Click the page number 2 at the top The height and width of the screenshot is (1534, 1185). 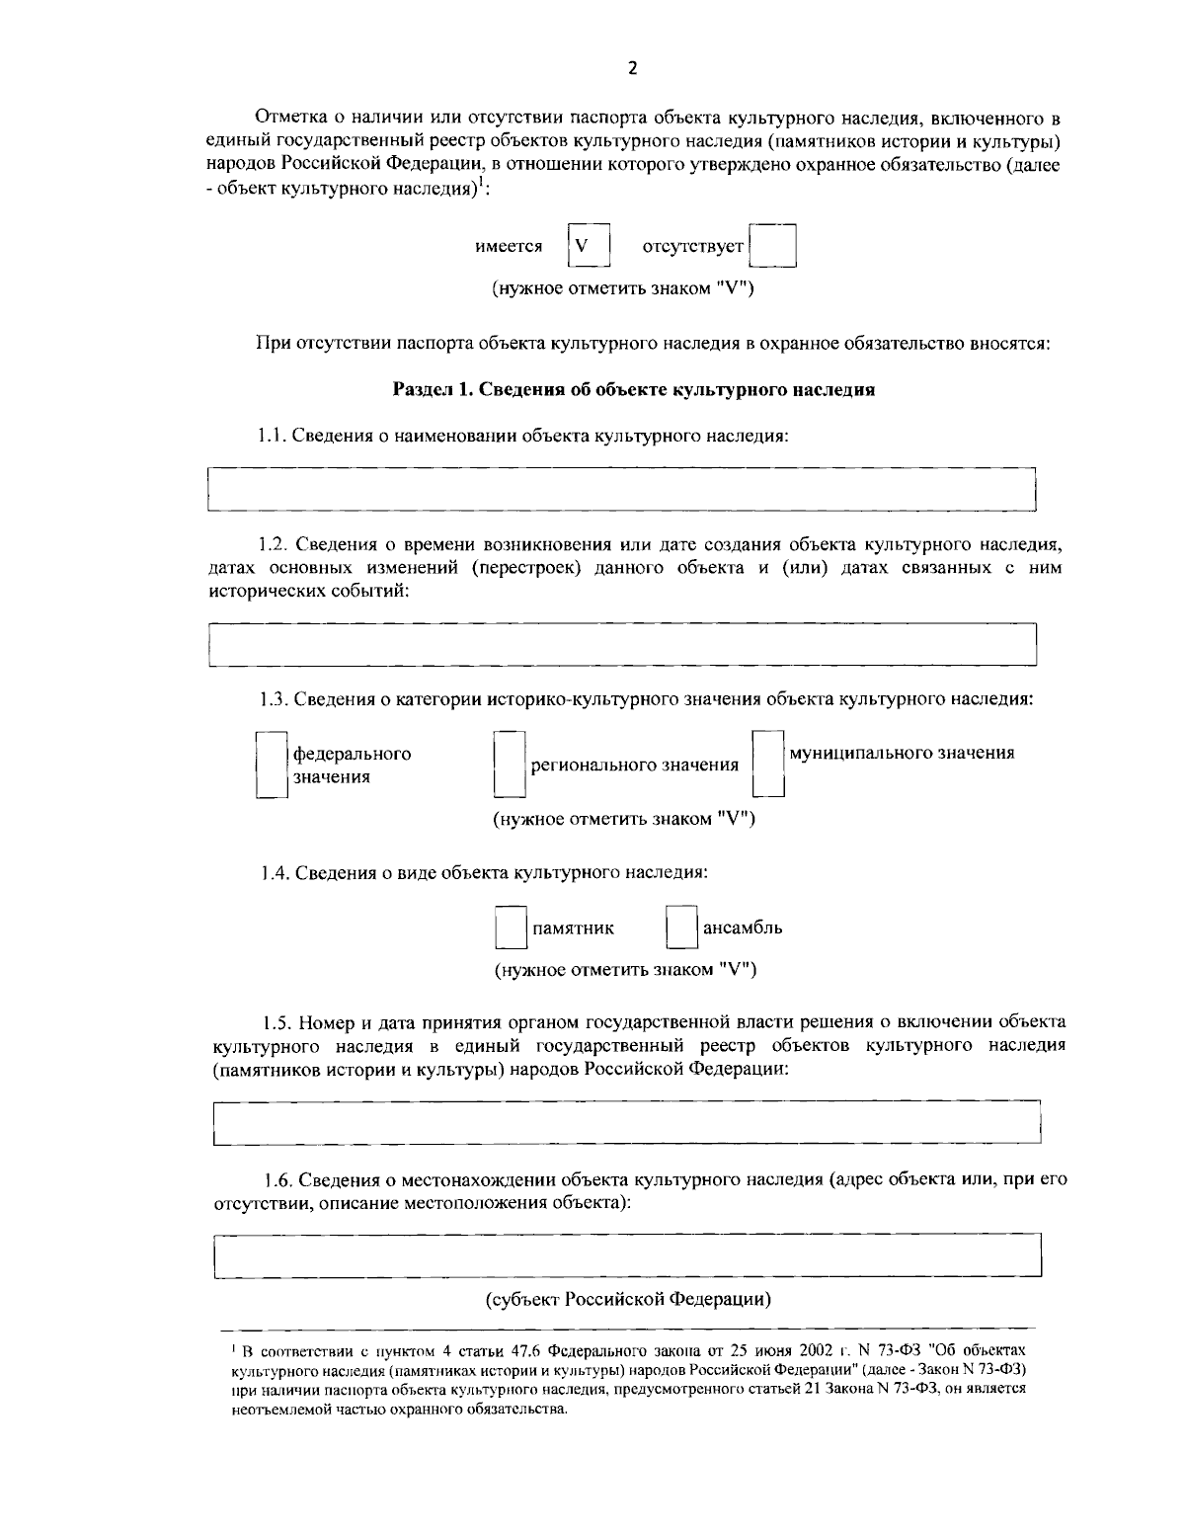click(632, 67)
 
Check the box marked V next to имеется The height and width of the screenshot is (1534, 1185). click(588, 246)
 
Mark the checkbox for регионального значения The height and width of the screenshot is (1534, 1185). click(509, 765)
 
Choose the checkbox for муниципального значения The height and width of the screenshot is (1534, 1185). click(767, 764)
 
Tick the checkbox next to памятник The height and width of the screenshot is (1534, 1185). click(510, 928)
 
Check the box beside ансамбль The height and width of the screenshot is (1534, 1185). click(681, 928)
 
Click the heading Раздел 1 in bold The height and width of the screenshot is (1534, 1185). click(634, 389)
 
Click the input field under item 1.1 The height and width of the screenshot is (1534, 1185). click(621, 489)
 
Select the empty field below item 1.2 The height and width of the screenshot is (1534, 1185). click(622, 644)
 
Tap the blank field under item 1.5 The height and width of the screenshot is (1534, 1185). click(627, 1122)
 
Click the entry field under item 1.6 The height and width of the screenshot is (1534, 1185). click(627, 1255)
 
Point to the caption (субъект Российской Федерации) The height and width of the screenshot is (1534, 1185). click(628, 1298)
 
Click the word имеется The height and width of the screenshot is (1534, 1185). click(509, 246)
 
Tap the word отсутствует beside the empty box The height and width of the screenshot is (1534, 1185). click(692, 246)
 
